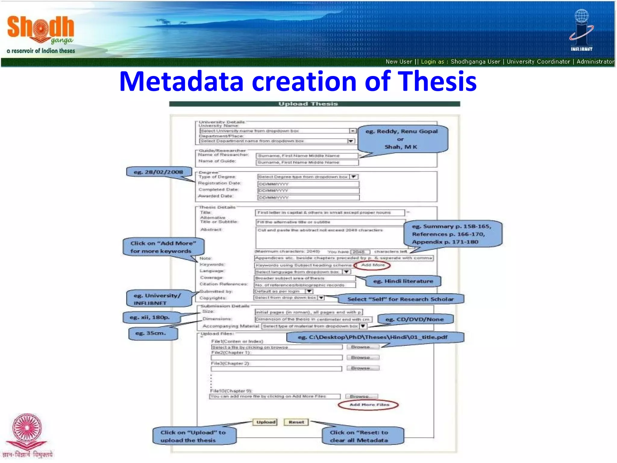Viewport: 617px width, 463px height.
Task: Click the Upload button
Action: [x=266, y=422]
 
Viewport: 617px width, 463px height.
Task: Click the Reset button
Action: [x=296, y=422]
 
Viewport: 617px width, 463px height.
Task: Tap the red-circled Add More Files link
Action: [x=369, y=405]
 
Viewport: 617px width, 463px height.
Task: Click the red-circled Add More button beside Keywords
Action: [x=373, y=265]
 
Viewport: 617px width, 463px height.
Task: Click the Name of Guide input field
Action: [x=307, y=162]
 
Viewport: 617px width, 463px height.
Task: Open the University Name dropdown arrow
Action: [x=352, y=131]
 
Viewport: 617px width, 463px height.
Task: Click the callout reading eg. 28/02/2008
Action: [x=159, y=172]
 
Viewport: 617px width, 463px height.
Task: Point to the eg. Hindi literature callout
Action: [x=403, y=281]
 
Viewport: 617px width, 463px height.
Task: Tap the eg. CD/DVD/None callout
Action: [x=415, y=319]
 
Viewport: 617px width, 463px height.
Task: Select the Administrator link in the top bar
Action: [x=595, y=62]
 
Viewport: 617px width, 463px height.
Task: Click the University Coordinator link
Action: [x=538, y=62]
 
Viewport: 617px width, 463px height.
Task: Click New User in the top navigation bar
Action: [x=399, y=62]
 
